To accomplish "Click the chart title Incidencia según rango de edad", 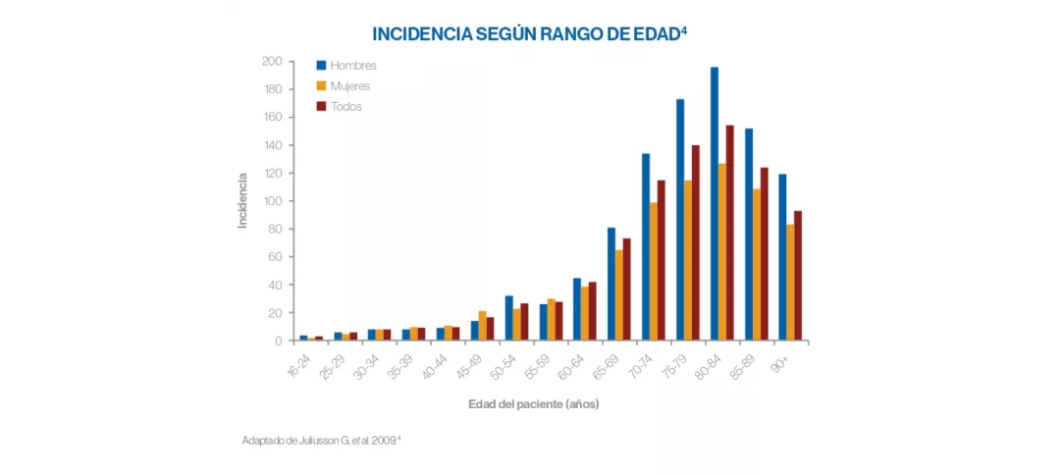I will click(529, 33).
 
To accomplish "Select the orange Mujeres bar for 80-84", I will click(722, 252).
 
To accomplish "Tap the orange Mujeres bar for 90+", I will click(790, 283).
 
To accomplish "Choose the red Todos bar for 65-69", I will click(627, 290).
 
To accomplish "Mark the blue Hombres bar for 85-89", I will click(749, 235).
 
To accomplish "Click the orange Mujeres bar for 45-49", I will click(482, 326).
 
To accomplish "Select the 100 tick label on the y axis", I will click(272, 201).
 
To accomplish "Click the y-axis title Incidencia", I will click(242, 201).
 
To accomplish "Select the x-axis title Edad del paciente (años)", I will click(533, 404).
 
